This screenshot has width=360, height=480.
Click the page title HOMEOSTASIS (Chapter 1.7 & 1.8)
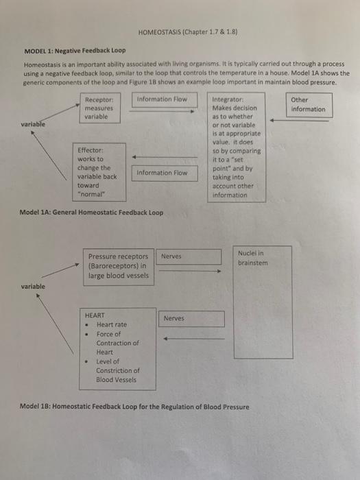point(180,32)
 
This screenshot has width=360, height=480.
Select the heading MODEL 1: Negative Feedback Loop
point(75,51)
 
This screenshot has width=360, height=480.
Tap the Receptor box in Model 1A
point(100,108)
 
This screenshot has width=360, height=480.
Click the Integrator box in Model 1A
point(238,147)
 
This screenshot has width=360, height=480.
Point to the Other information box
point(308,104)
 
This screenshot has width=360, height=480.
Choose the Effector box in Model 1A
point(95,172)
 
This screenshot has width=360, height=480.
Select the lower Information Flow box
point(162,173)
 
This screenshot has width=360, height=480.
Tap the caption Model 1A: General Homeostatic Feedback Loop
point(93,213)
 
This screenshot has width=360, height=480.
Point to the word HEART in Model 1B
point(95,315)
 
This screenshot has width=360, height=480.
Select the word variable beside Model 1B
point(33,286)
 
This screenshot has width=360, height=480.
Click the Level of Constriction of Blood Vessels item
point(117,370)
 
